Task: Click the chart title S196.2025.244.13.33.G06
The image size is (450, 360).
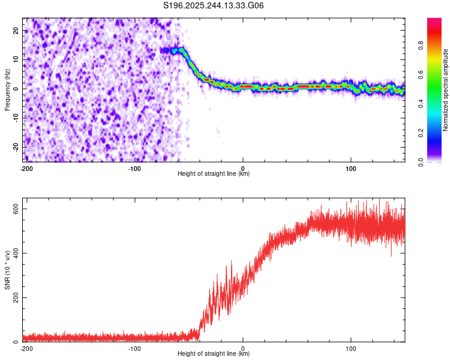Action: [214, 5]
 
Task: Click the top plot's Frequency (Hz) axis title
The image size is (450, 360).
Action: [7, 89]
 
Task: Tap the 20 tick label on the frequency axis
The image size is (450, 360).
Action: [16, 30]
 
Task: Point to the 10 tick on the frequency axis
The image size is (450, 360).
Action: [16, 59]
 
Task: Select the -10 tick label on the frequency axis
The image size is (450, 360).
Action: [15, 118]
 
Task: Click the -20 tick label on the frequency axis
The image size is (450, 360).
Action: [15, 147]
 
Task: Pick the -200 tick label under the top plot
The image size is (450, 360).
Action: [26, 168]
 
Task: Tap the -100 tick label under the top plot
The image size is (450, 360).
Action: [134, 168]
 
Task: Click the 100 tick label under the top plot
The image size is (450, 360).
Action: [351, 168]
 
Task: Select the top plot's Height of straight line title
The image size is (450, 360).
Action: [214, 173]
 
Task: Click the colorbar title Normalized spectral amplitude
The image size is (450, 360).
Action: [445, 90]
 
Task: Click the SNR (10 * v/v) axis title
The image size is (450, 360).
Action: [7, 273]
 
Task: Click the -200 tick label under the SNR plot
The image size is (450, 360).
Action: [26, 348]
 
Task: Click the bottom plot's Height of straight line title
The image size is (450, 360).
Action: [214, 353]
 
